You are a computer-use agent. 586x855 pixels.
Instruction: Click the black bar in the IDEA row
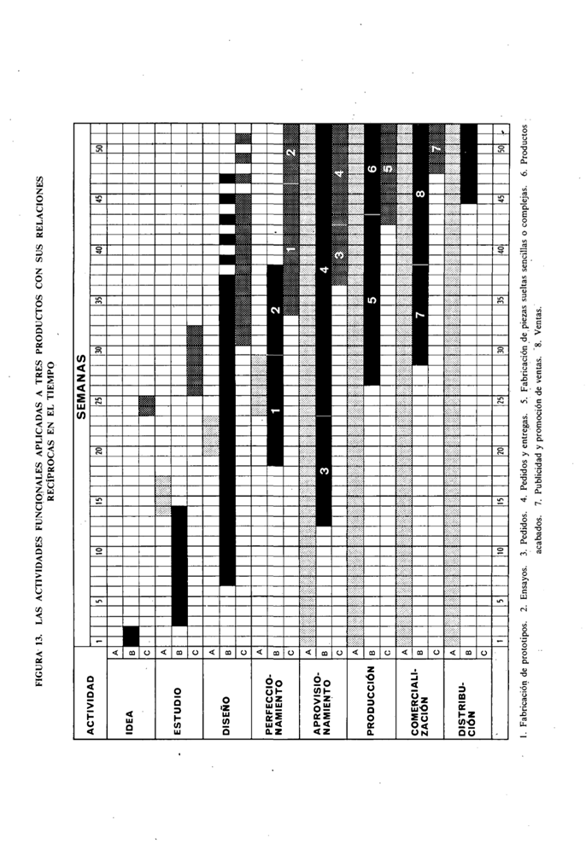point(131,636)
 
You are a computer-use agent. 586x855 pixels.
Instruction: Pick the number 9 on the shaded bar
point(387,169)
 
